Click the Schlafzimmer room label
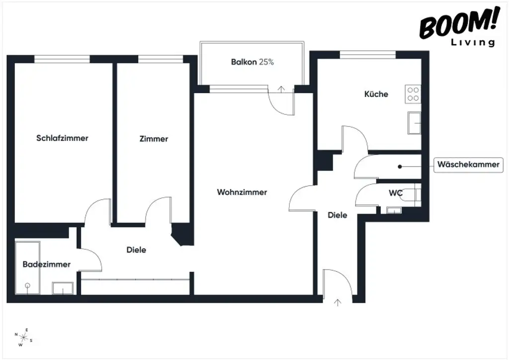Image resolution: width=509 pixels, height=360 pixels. tap(62, 138)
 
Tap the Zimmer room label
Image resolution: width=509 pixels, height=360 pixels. tap(154, 139)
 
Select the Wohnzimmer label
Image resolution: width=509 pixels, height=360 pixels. tap(242, 192)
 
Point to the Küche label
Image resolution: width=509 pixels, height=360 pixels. tap(376, 94)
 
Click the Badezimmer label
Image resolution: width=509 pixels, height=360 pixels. tap(47, 265)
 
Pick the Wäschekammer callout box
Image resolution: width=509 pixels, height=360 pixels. tap(469, 165)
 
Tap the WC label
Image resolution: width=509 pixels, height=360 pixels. tap(396, 193)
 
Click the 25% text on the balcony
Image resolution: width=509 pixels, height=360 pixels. tap(266, 63)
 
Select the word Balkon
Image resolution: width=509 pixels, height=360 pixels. tap(244, 63)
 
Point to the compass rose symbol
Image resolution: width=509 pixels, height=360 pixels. tap(23, 337)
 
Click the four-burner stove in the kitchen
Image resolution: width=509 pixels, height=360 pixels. tap(413, 93)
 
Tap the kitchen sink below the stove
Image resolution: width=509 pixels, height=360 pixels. tap(414, 122)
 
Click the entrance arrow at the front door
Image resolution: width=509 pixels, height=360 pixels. tap(339, 301)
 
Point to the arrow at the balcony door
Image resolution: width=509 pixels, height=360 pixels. tap(282, 90)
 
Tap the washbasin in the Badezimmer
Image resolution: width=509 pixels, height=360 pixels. tap(63, 288)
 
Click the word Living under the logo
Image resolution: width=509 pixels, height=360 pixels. tap(473, 42)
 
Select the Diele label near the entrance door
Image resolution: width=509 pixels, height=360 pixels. tap(337, 215)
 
